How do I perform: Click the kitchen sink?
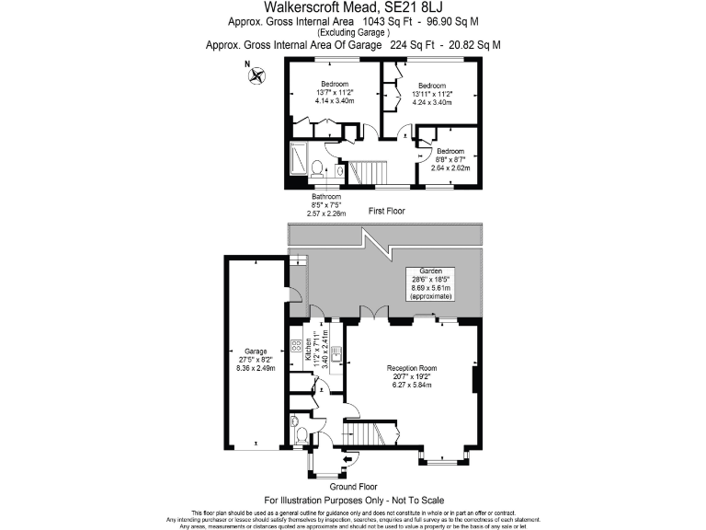336,350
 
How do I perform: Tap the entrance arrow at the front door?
347,460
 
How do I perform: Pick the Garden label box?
432,284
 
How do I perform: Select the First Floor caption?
387,212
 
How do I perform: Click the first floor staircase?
368,171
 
